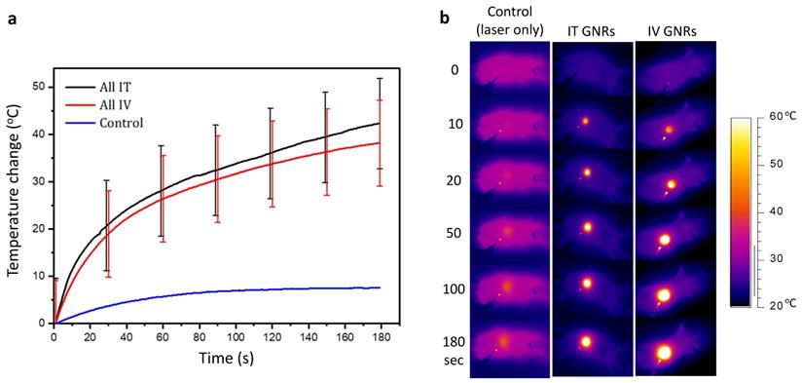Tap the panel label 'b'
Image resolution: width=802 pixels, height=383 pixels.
point(445,17)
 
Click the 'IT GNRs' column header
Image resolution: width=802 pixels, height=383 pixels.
point(592,33)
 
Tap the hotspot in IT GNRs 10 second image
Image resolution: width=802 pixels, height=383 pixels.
point(585,122)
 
